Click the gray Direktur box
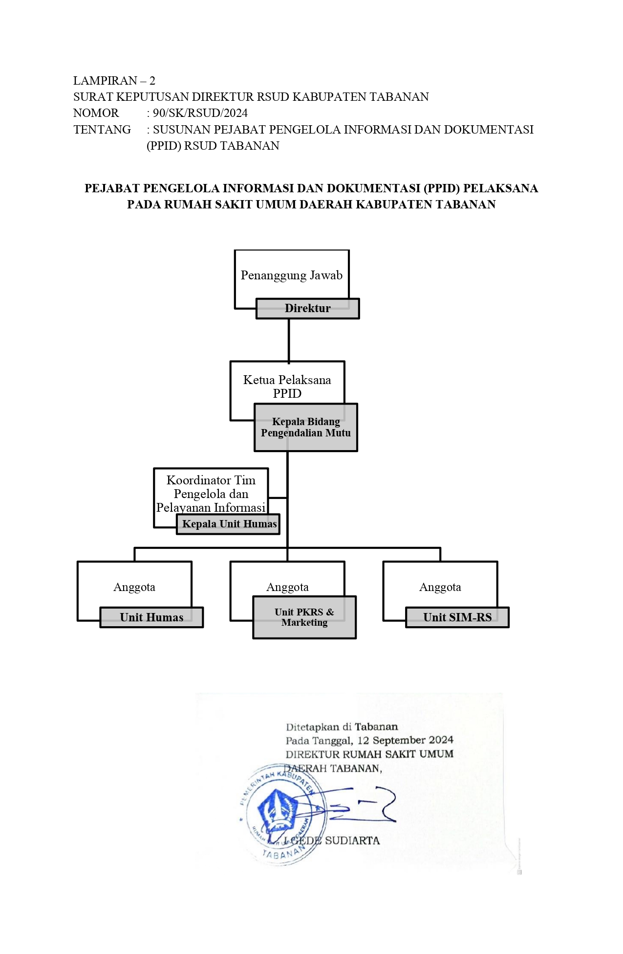308,309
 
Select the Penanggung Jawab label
291,275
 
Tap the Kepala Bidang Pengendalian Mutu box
306,427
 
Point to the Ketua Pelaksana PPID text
287,386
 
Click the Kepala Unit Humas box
229,524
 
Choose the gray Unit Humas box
151,617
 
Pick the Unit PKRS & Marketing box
304,617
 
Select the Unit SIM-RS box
457,617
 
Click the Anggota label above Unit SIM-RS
440,587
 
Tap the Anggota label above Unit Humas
134,587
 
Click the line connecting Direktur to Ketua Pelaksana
289,340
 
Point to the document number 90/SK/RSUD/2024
200,113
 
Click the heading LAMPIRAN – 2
114,81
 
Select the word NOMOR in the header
96,113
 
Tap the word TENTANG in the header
102,130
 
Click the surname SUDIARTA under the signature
352,840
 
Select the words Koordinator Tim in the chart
211,480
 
